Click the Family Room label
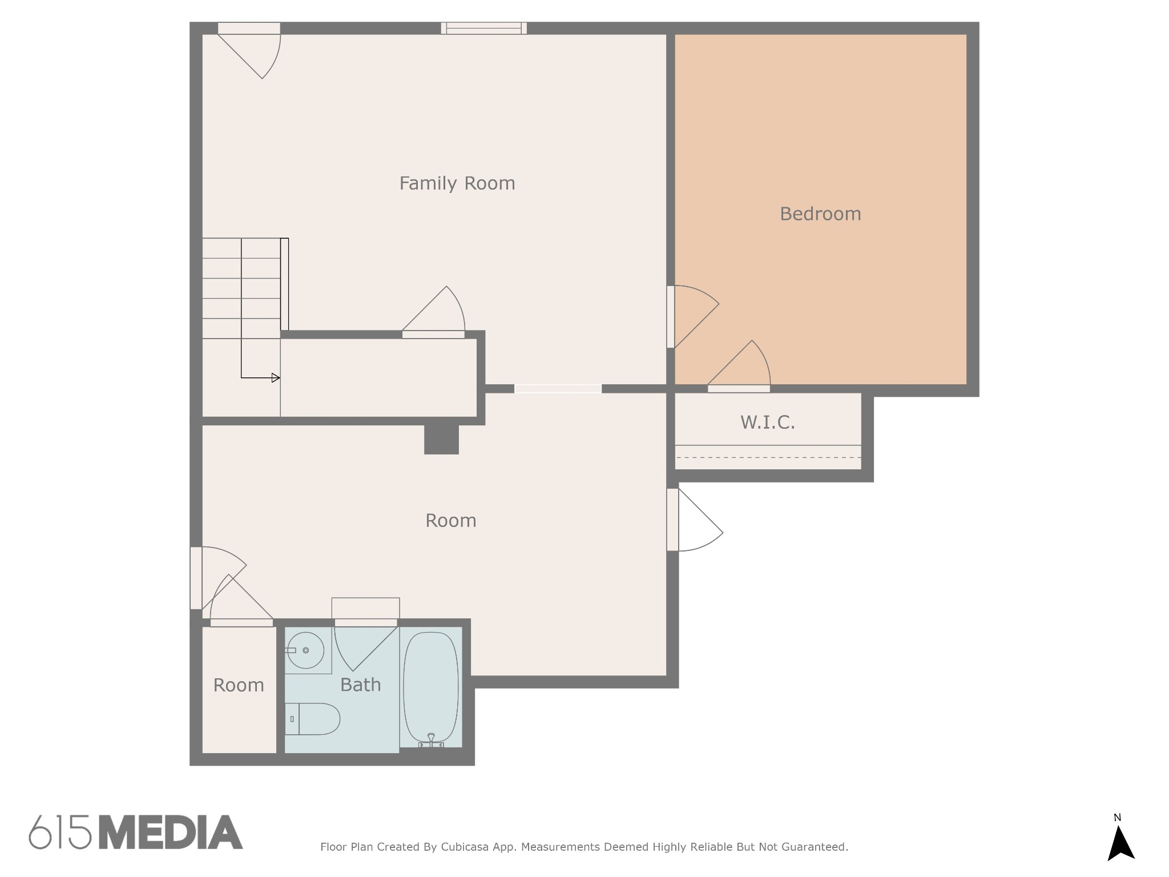point(457,183)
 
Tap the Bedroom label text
point(820,214)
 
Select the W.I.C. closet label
point(768,423)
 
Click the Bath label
point(360,685)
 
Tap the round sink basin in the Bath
point(305,650)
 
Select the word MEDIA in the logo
point(171,832)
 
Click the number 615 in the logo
point(60,832)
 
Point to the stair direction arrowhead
point(276,377)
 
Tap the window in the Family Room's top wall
point(484,28)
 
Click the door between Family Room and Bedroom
point(693,317)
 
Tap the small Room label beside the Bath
point(239,685)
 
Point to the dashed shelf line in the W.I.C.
point(768,457)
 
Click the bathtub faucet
point(431,740)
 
